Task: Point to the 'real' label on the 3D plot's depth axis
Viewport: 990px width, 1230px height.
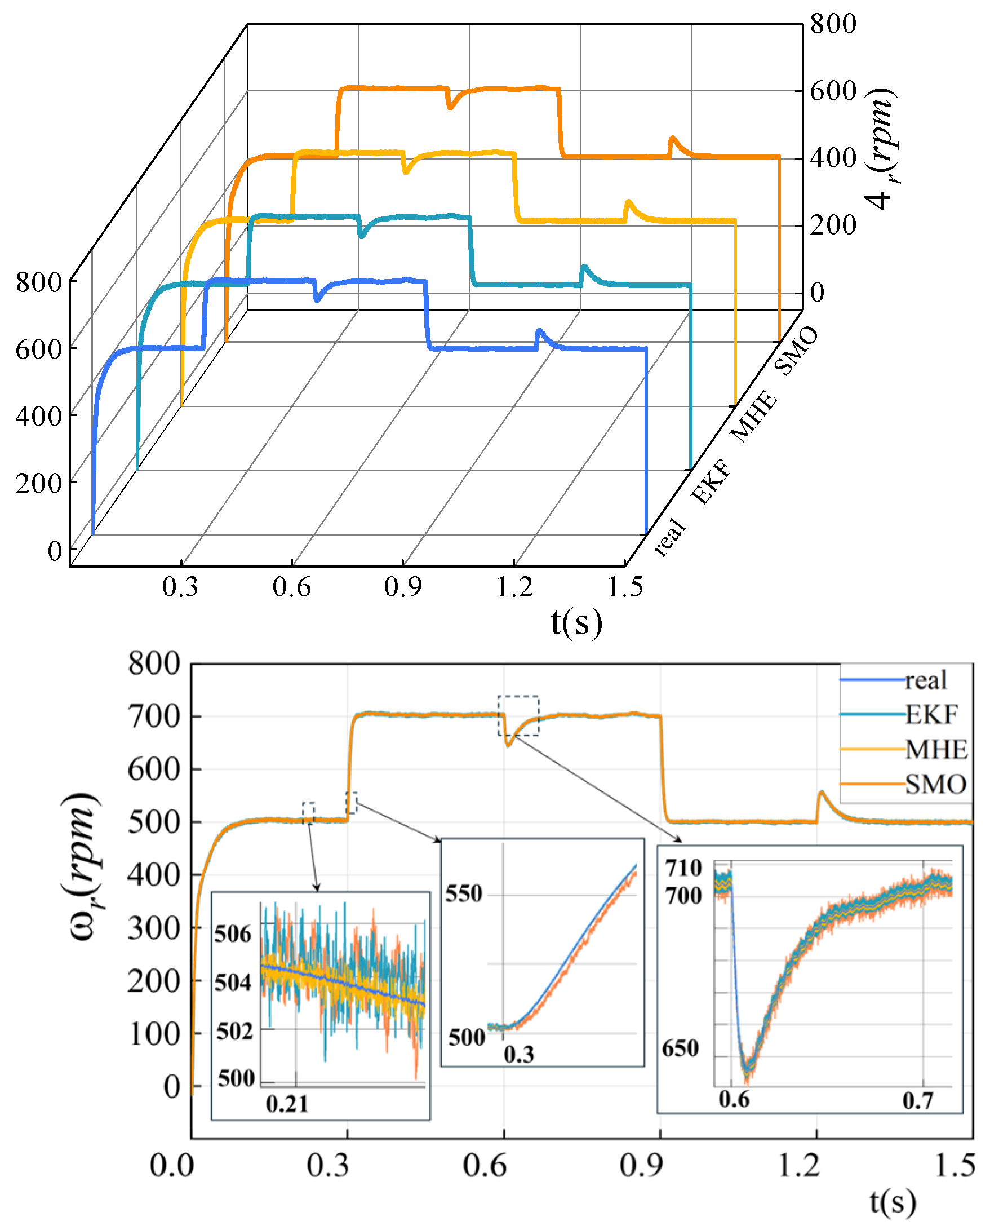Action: pos(669,536)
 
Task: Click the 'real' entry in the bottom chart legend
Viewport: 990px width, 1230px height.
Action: pos(926,680)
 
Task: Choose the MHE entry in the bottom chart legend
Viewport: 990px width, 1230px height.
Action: pos(936,749)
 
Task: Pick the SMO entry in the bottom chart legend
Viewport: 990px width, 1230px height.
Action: pos(935,785)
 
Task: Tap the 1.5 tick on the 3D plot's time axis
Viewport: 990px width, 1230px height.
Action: pos(625,587)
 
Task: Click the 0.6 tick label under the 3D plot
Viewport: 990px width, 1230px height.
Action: pos(291,587)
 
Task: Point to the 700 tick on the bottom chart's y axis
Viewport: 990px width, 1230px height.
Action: pos(153,716)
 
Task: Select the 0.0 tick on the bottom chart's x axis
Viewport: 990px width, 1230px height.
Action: pos(172,1165)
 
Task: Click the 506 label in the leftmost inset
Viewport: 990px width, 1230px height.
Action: pos(233,934)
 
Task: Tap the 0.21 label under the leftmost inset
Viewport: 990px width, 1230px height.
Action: pos(287,1104)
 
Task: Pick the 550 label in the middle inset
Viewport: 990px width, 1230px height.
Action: pos(464,893)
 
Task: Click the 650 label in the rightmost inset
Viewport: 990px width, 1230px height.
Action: pos(680,1048)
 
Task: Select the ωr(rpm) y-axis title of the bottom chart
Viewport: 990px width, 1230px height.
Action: pos(81,867)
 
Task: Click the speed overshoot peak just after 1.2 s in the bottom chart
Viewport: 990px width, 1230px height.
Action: pos(821,792)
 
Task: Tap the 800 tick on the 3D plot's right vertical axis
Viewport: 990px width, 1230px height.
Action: pos(833,24)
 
